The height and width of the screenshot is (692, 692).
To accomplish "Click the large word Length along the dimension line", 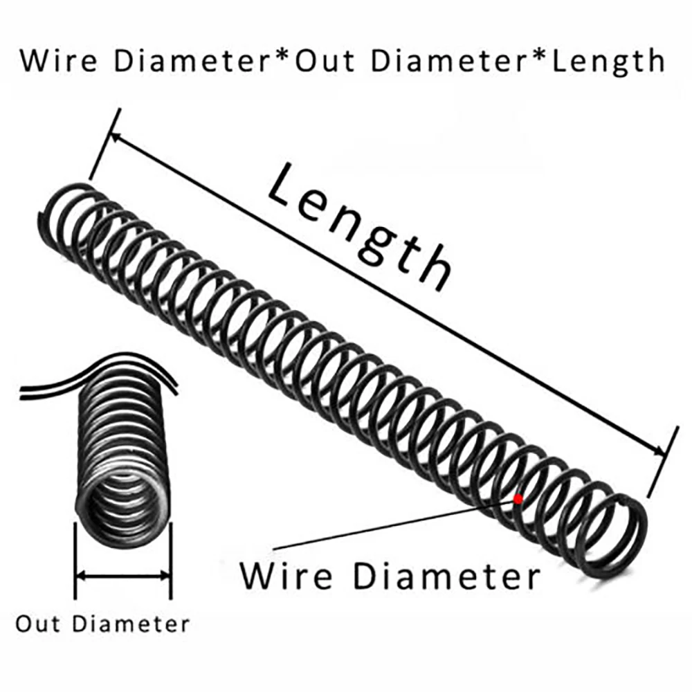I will (360, 228).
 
